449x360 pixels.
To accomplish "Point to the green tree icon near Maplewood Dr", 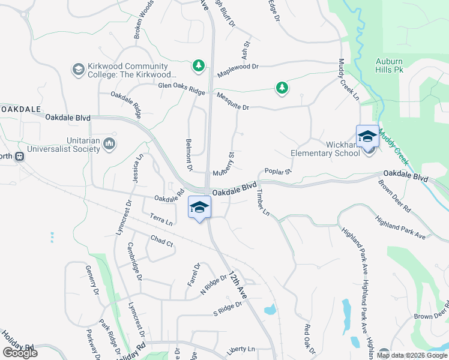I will tap(198, 65).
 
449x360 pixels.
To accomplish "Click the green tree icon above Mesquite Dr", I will tap(282, 88).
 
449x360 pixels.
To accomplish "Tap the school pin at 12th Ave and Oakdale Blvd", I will tap(199, 208).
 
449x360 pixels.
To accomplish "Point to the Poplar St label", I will tap(277, 172).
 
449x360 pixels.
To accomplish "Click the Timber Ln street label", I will tap(263, 203).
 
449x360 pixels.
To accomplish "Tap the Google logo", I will tap(20, 353).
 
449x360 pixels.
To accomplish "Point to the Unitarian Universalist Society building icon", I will tap(109, 143).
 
